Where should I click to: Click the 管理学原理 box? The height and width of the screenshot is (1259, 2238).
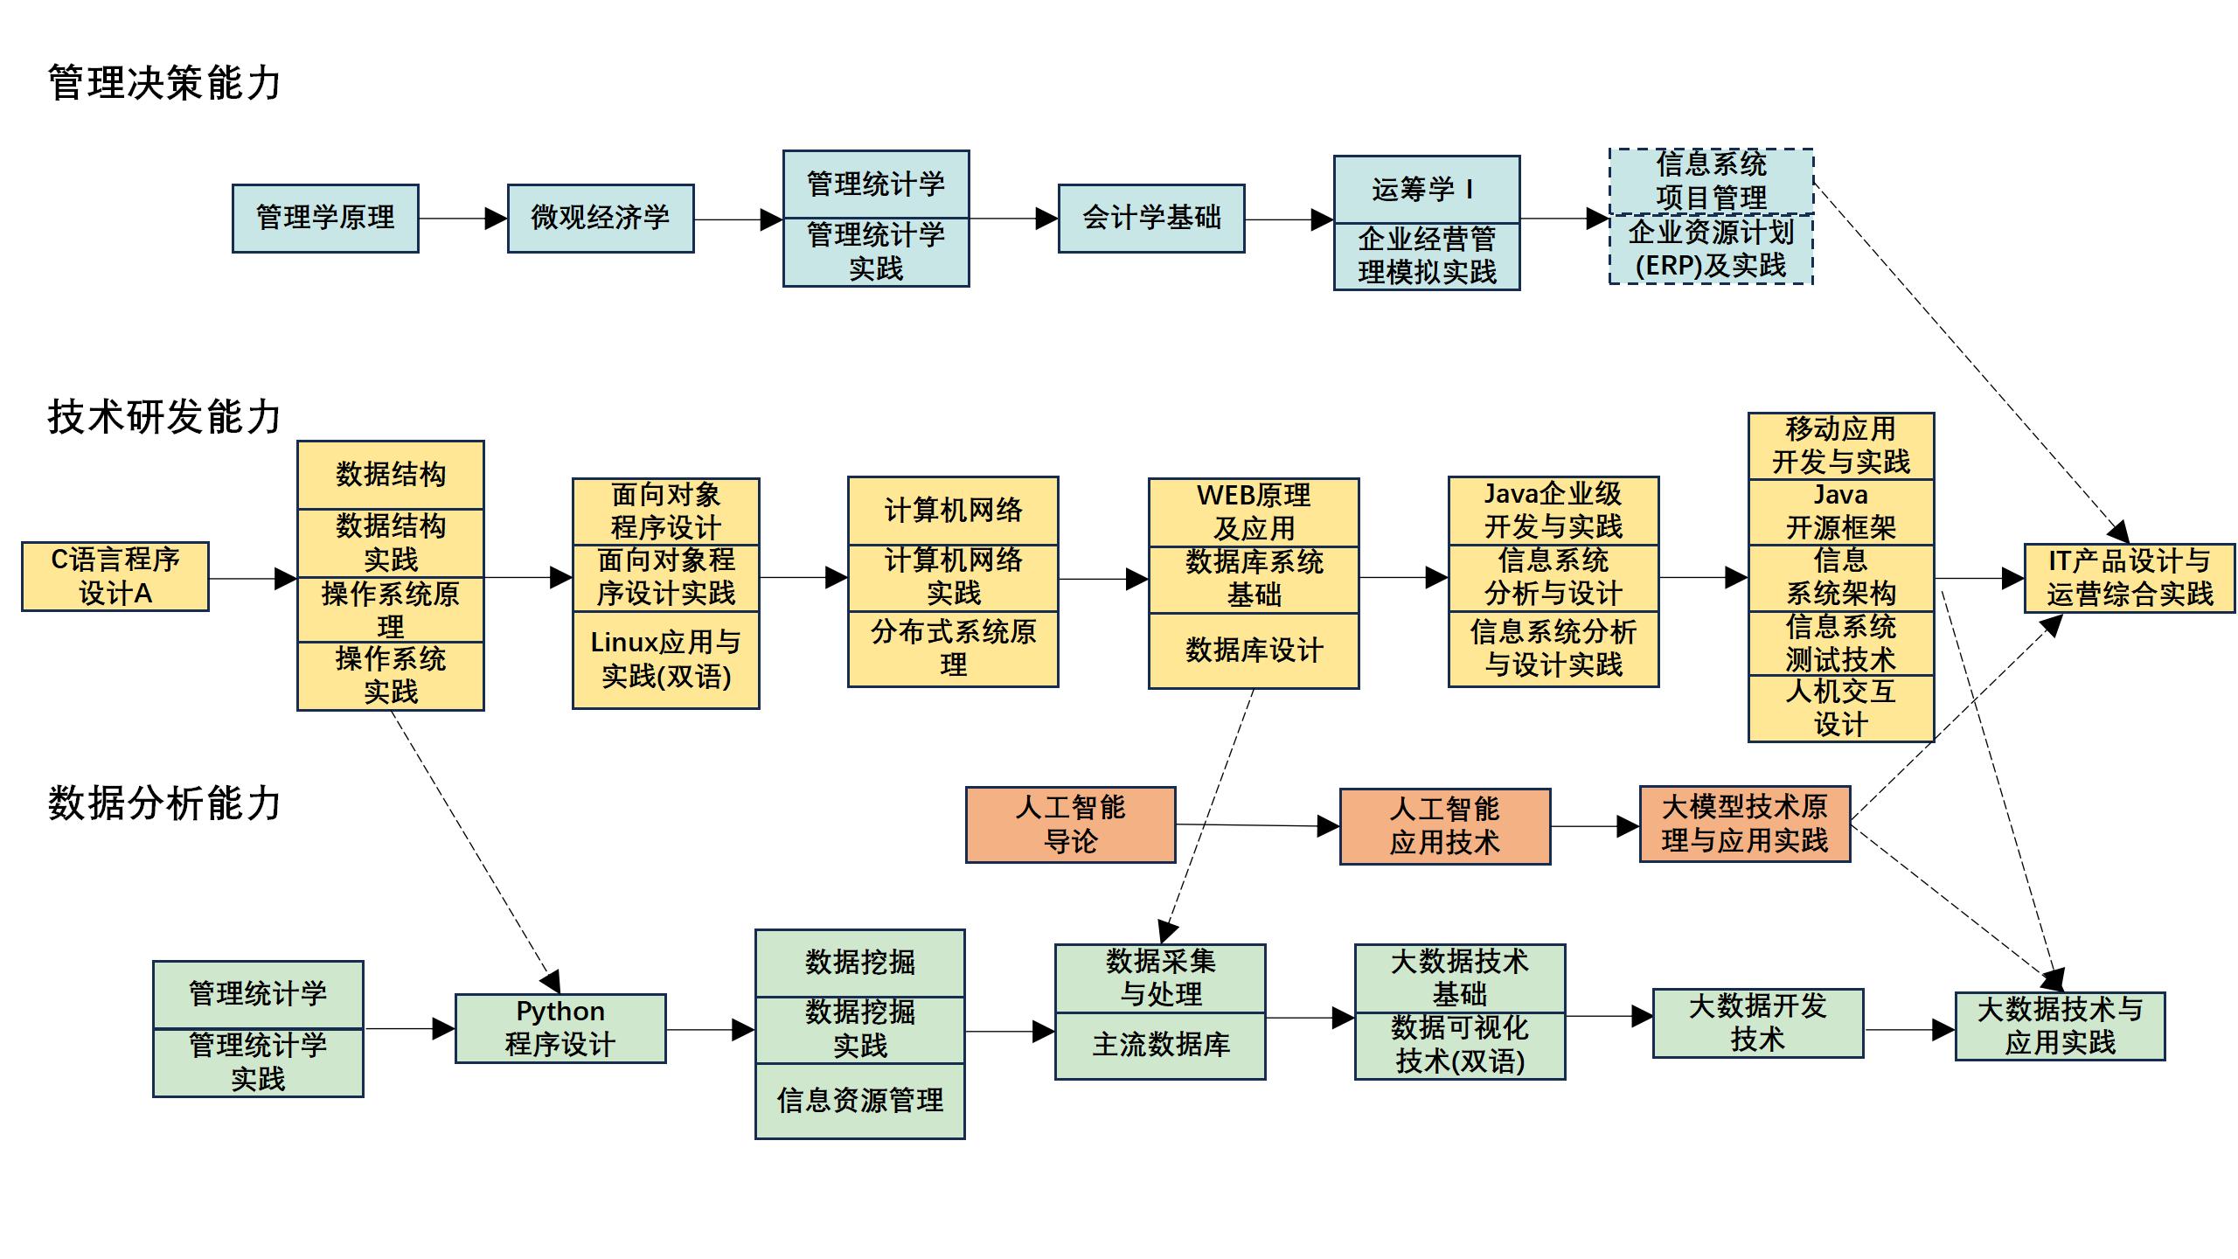(325, 219)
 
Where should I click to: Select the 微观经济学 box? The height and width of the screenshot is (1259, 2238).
(601, 219)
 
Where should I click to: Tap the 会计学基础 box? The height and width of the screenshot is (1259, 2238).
(1151, 219)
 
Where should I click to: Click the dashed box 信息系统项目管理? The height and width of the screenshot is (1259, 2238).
(1711, 181)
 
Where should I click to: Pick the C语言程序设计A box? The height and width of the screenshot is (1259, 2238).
(115, 576)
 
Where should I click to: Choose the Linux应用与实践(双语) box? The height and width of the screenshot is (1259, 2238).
(665, 659)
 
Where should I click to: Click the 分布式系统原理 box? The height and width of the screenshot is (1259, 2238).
(953, 648)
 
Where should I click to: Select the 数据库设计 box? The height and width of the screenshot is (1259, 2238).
(1254, 650)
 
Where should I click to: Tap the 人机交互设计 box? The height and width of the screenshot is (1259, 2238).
(1840, 708)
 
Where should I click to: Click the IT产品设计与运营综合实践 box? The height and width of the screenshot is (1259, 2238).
(2129, 578)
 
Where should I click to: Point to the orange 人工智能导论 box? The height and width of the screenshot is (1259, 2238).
(1070, 824)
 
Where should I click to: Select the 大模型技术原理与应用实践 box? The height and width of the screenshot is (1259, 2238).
(1744, 824)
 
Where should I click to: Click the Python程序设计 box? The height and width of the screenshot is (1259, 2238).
(560, 1028)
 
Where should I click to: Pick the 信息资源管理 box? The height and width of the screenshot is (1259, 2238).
(860, 1101)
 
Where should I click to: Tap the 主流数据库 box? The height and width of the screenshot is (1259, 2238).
(1160, 1046)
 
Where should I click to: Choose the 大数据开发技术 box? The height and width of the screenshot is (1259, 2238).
(1757, 1023)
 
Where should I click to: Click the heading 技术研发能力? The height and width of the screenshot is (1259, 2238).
(164, 417)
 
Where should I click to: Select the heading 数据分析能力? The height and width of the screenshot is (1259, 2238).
(164, 803)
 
